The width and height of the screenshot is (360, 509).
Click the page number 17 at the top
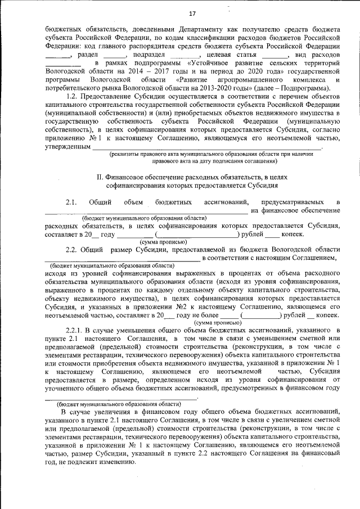(192, 13)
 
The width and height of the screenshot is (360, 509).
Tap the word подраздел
(150, 55)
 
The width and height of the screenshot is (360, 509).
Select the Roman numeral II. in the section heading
(102, 177)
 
